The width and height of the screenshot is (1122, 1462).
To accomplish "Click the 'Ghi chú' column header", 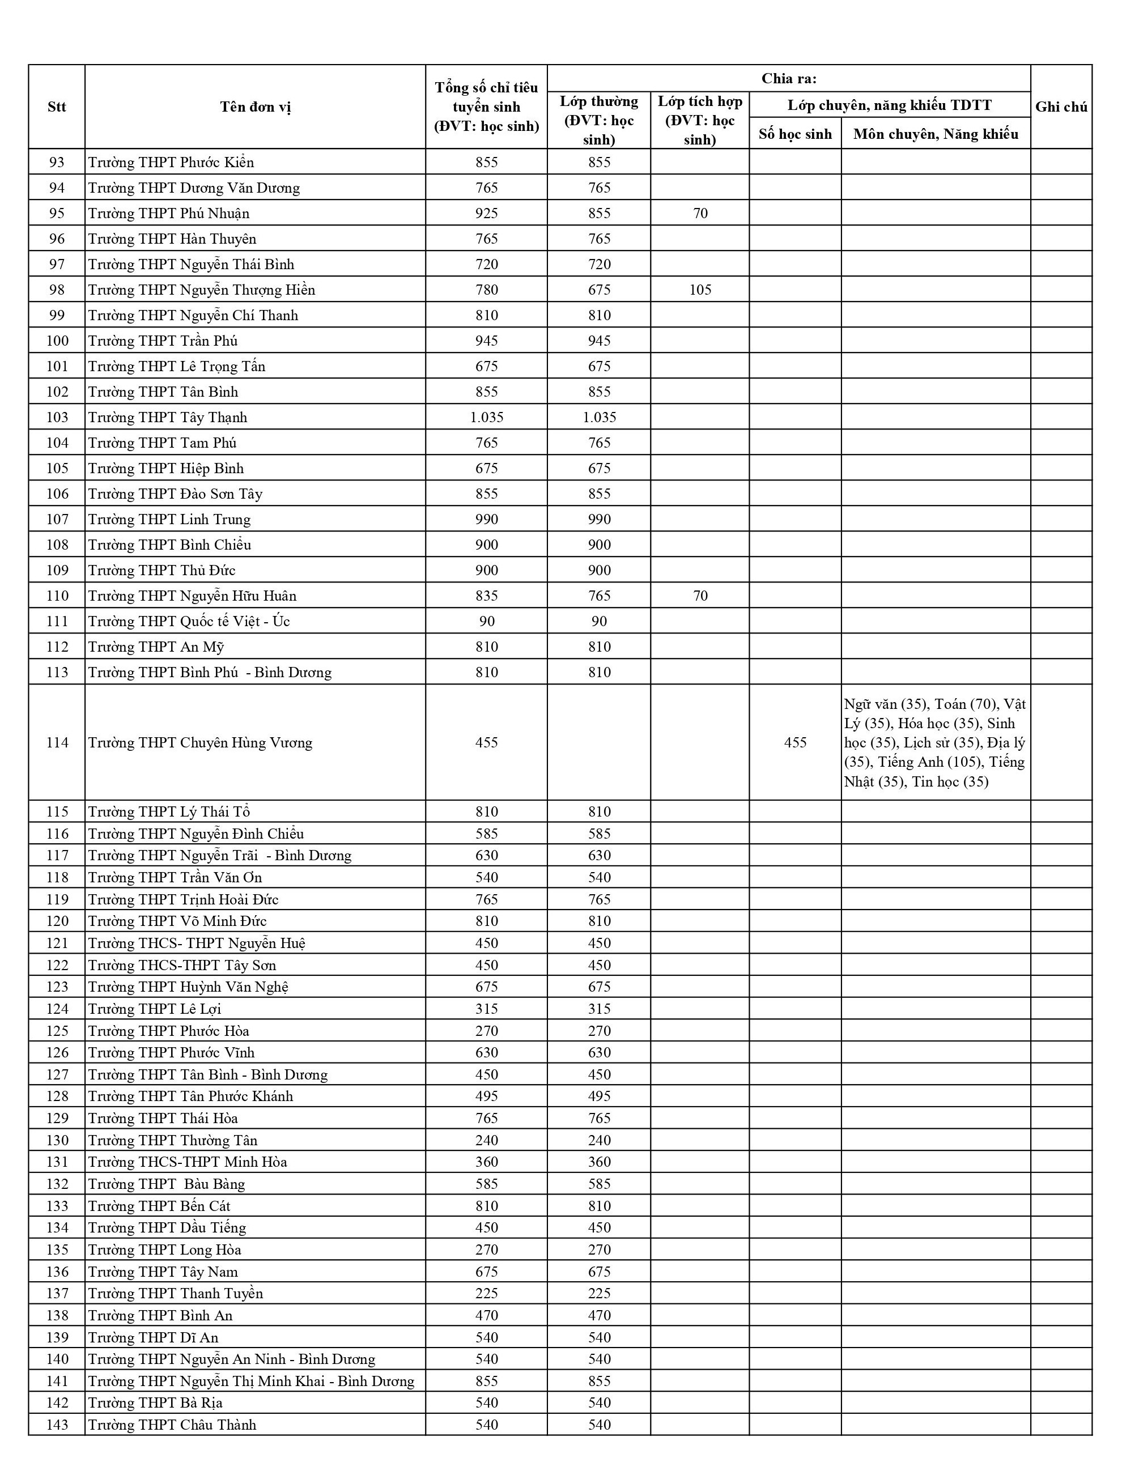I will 1061,107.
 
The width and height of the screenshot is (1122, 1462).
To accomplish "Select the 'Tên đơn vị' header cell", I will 255,107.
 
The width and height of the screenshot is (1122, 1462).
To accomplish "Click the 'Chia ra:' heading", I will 789,79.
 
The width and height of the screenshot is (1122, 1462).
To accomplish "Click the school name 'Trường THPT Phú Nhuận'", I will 169,214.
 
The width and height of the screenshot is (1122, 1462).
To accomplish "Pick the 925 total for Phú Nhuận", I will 486,214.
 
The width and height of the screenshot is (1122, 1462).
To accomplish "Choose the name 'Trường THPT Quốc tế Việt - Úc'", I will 189,621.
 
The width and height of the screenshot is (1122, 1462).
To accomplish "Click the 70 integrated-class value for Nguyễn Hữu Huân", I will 700,596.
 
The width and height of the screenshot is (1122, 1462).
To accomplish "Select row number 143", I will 57,1425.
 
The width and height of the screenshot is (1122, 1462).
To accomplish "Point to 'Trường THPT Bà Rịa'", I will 156,1402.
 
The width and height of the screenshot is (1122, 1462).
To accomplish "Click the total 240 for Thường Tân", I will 486,1140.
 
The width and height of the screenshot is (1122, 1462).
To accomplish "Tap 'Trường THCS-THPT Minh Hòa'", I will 188,1162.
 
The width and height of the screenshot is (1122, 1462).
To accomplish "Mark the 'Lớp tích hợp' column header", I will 700,120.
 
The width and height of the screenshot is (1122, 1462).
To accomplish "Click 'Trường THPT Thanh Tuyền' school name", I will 176,1294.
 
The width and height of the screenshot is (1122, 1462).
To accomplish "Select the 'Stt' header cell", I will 57,107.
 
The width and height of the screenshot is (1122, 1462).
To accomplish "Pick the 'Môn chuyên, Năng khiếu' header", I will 936,134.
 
